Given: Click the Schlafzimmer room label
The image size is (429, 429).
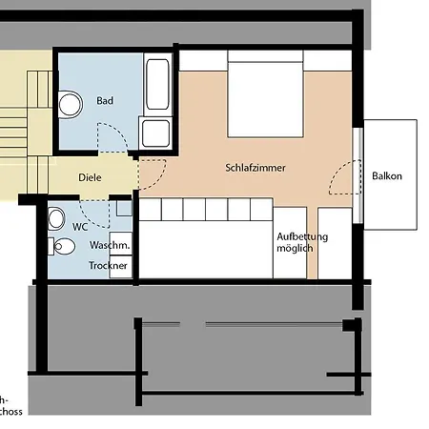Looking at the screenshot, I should click(x=255, y=167).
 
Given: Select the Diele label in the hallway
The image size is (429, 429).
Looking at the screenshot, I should click(x=90, y=178).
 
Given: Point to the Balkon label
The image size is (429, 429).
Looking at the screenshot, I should click(x=386, y=175).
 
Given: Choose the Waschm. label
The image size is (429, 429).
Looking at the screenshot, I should click(x=109, y=245).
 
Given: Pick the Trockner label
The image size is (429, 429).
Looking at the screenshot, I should click(x=109, y=266).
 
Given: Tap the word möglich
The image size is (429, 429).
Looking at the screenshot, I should click(x=295, y=249).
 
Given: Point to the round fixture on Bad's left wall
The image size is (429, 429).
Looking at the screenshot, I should click(x=69, y=102).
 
